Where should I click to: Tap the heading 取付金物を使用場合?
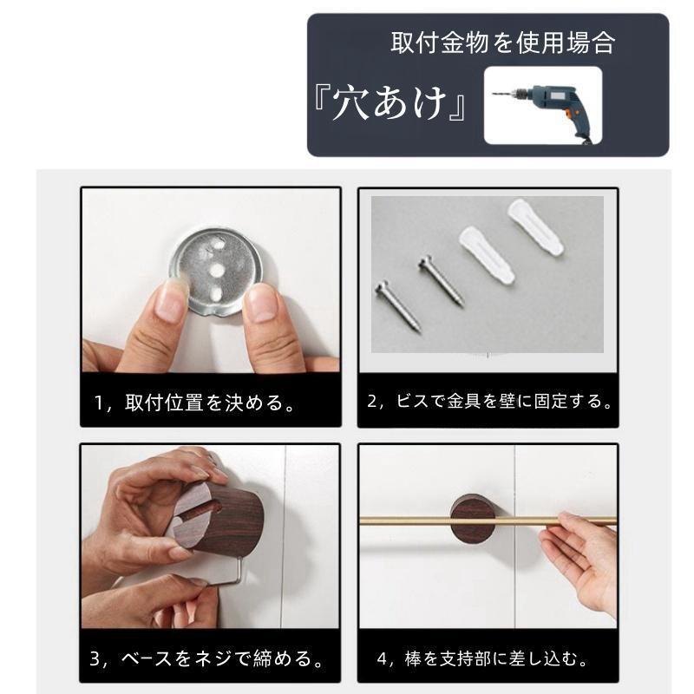(x=502, y=43)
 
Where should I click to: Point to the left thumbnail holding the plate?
(x=169, y=298)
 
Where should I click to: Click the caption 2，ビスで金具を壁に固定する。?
(x=490, y=403)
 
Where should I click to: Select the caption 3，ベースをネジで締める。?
(x=209, y=658)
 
